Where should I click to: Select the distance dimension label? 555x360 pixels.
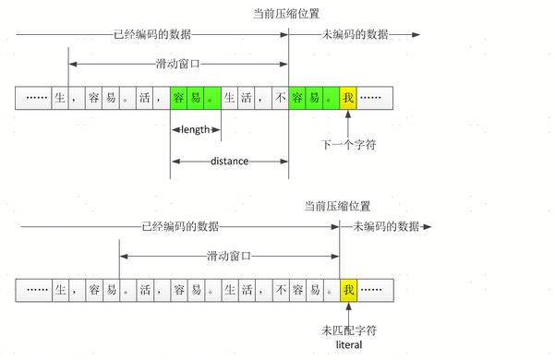pyautogui.click(x=229, y=161)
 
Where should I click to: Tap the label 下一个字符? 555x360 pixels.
pyautogui.click(x=348, y=145)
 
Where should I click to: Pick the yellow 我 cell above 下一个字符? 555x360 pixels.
pyautogui.click(x=347, y=97)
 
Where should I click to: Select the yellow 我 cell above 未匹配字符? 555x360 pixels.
pyautogui.click(x=348, y=290)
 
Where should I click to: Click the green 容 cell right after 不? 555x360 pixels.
pyautogui.click(x=297, y=97)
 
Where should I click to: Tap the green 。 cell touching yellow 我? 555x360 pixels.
pyautogui.click(x=331, y=97)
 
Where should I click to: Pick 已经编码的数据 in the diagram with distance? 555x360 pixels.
pyautogui.click(x=152, y=34)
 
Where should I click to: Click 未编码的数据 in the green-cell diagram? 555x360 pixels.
pyautogui.click(x=355, y=34)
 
